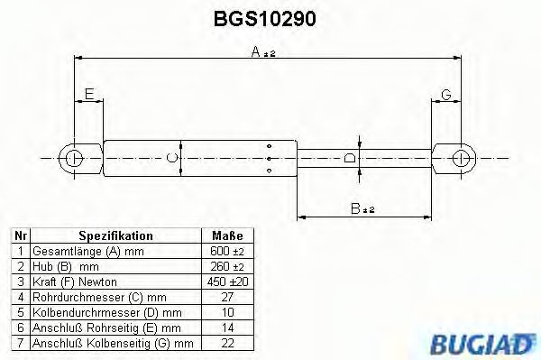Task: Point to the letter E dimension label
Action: (x=88, y=95)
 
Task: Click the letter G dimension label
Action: (x=446, y=95)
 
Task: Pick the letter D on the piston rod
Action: (x=350, y=159)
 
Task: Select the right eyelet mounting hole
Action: (x=463, y=159)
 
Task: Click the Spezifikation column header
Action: (x=115, y=235)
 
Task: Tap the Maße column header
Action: (x=226, y=235)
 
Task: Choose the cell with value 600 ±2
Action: (x=226, y=251)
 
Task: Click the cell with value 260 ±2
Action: (x=226, y=266)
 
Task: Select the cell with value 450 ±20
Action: (x=226, y=282)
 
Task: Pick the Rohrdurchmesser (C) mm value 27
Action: (x=226, y=297)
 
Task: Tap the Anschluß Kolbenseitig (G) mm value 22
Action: (x=226, y=343)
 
